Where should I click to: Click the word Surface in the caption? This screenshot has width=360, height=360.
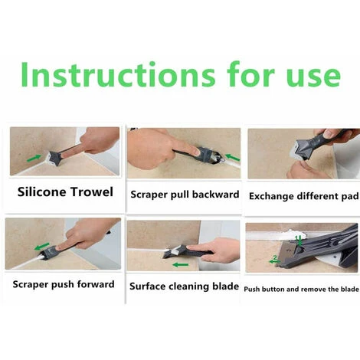pyautogui.click(x=149, y=286)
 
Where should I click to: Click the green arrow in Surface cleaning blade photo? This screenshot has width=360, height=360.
pyautogui.click(x=180, y=265)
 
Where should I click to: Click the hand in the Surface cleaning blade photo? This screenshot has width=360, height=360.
pyautogui.click(x=218, y=249)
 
